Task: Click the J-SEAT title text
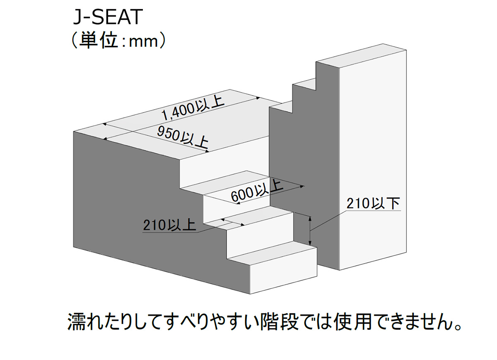point(108,17)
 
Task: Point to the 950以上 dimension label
point(182,137)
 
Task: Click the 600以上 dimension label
point(257,192)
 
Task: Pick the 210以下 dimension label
point(373,203)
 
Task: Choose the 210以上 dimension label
point(169,225)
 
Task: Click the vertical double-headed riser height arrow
point(310,231)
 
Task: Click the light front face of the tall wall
point(373,160)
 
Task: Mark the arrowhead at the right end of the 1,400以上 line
point(258,98)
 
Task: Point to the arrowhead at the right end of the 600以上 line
point(302,187)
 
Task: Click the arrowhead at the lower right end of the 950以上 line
point(207,151)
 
